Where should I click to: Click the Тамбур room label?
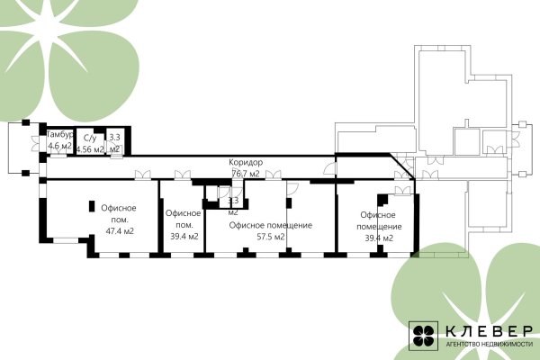pos(60,134)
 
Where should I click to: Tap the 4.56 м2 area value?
pos(90,149)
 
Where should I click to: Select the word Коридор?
pos(246,162)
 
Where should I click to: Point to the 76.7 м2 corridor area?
pos(246,174)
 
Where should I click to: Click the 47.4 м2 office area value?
pos(120,230)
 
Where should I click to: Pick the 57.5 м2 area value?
pos(271,237)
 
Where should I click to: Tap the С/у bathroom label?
pos(90,138)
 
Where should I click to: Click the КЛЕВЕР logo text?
pos(489,330)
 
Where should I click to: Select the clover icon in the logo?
pos(423,336)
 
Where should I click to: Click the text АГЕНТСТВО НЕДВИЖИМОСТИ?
pos(489,344)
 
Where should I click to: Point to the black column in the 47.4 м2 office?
pos(92,206)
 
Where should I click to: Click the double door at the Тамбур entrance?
pos(35,143)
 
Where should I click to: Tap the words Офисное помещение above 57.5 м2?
pos(271,225)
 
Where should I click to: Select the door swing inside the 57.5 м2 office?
pos(292,188)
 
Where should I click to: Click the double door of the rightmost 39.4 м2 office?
pos(402,191)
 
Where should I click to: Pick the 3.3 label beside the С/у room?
pos(114,137)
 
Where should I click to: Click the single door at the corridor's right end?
pos(330,167)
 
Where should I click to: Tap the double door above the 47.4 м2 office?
pos(142,175)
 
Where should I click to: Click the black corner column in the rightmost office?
pos(382,200)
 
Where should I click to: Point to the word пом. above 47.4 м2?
pos(120,220)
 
